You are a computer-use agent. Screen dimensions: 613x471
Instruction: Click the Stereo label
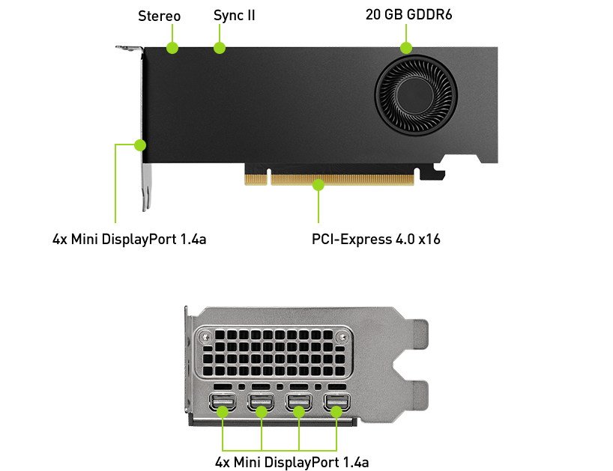[159, 16]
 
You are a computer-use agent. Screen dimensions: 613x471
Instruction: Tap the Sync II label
[234, 16]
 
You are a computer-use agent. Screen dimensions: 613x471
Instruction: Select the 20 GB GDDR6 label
[408, 14]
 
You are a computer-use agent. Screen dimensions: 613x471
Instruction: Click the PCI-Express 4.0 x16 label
[375, 239]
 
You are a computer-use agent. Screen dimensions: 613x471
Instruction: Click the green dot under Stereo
[172, 48]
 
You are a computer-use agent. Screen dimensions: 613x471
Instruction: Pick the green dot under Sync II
[220, 48]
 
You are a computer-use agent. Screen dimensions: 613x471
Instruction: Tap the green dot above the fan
[406, 48]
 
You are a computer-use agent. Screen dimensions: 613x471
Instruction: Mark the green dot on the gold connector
[318, 184]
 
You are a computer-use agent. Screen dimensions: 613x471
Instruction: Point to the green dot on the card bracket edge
[140, 145]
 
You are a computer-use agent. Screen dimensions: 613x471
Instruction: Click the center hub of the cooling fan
[415, 95]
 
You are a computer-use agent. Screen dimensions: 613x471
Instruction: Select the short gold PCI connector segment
[256, 179]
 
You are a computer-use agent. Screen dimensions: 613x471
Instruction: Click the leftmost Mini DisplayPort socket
[223, 402]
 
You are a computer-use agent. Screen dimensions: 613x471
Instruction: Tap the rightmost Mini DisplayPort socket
[336, 402]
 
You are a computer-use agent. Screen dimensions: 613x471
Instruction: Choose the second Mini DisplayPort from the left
[261, 402]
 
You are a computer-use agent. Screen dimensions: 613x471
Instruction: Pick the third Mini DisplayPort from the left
[299, 402]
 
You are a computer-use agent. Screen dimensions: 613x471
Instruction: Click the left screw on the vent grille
[205, 336]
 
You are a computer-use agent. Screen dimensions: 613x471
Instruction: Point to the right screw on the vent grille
[343, 336]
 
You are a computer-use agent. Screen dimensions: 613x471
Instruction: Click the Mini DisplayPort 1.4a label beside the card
[130, 239]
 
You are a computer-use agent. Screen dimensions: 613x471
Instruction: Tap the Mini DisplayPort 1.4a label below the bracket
[292, 463]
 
